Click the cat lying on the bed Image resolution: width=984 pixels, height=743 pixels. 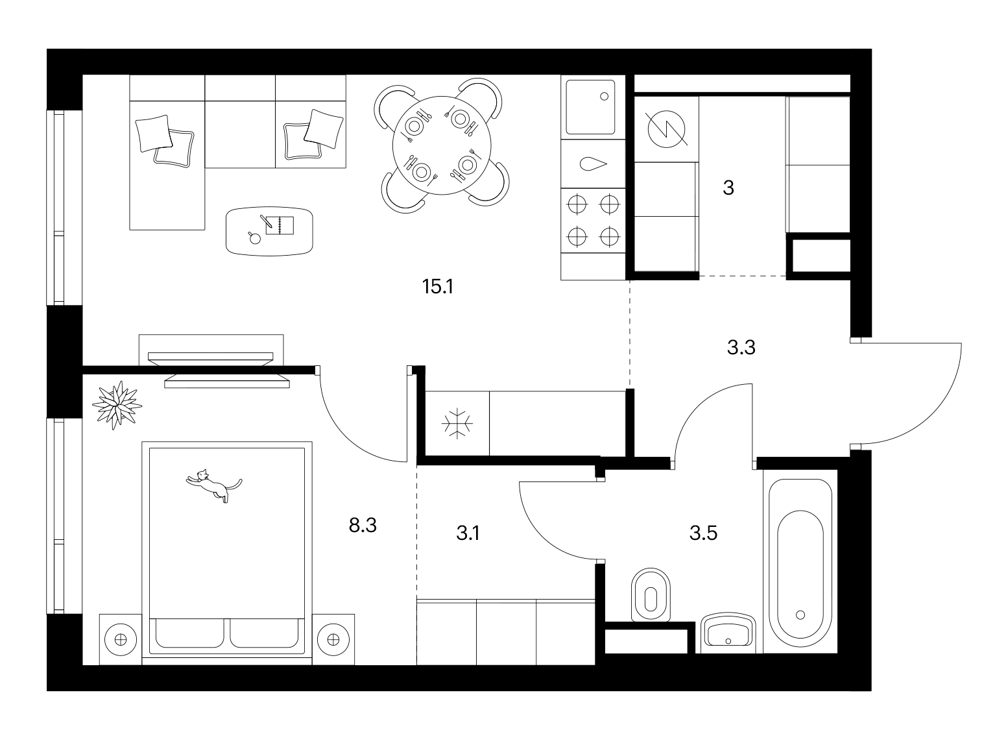[x=213, y=485]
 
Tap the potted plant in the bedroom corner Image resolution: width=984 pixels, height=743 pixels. [x=117, y=405]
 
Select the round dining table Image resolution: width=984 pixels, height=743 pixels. [x=442, y=145]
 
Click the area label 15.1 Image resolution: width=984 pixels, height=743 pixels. [x=438, y=287]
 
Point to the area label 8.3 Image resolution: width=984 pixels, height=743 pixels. [x=363, y=525]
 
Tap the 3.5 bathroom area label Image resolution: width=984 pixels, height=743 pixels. [x=703, y=533]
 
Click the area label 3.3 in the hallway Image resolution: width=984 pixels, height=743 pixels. [x=741, y=347]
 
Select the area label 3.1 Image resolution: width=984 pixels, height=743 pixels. [x=468, y=533]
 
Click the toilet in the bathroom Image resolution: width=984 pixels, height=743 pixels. [x=651, y=595]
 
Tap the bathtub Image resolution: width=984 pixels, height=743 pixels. [x=800, y=563]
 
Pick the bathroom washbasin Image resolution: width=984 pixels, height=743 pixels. [x=728, y=632]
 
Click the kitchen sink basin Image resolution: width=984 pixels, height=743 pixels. [x=590, y=107]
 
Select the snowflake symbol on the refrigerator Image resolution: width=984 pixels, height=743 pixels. [x=457, y=423]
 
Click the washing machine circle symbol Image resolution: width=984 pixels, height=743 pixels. [x=667, y=129]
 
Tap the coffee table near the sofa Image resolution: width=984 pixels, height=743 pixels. [x=269, y=232]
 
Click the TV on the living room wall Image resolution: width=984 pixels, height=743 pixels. [x=211, y=359]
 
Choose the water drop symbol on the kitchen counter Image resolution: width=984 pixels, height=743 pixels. [x=593, y=164]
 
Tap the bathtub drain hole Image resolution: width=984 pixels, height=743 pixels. [x=800, y=615]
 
